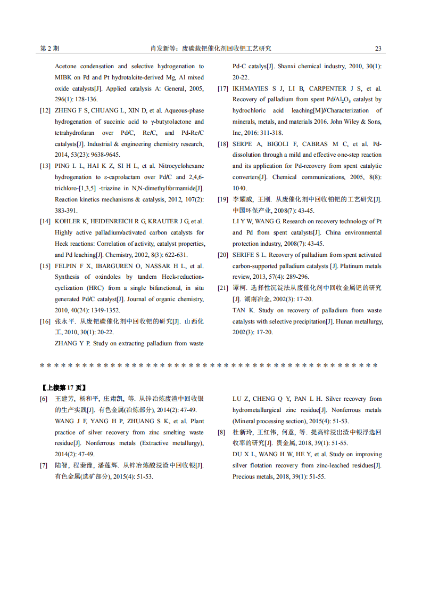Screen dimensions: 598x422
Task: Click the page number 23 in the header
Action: pos(378,49)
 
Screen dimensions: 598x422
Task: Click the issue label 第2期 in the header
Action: pos(49,49)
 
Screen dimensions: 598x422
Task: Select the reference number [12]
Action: pos(45,111)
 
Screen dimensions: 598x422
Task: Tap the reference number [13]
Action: pos(45,166)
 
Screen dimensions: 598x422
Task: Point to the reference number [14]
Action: pos(45,221)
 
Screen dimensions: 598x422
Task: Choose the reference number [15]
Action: pos(45,266)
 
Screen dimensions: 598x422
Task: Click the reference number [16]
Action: pos(45,321)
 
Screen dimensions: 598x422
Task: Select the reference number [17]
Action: pos(223,88)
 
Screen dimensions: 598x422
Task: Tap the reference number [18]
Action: pos(223,144)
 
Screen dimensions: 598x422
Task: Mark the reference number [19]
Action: pos(223,199)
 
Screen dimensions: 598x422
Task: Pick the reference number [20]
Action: pos(223,255)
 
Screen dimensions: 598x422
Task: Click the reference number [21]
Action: pos(223,288)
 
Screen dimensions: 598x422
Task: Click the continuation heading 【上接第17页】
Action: pos(63,387)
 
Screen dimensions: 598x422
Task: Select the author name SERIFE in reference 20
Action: pos(244,255)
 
